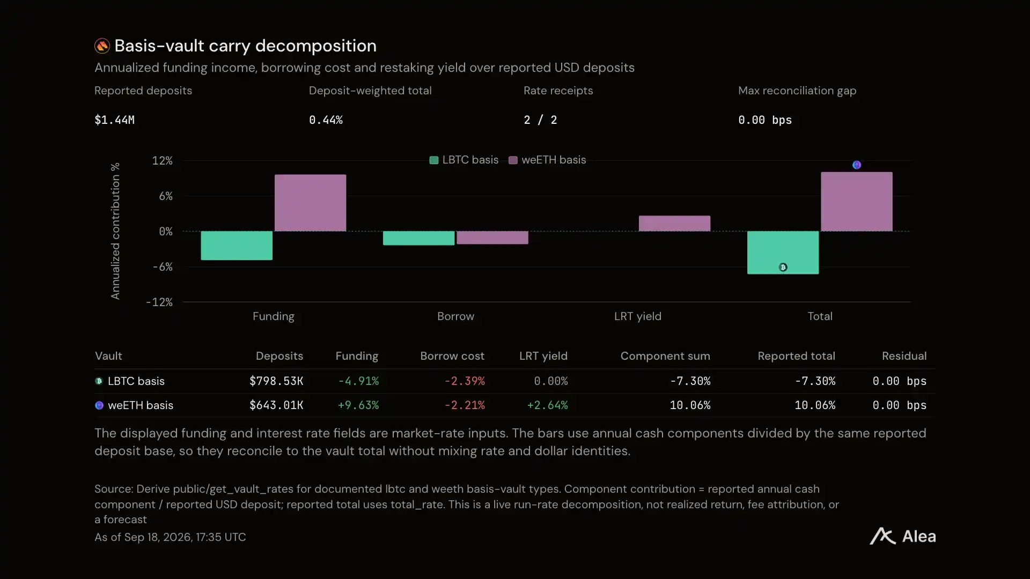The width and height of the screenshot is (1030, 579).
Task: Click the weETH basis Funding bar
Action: pyautogui.click(x=310, y=203)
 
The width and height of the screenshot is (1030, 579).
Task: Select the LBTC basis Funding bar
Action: pyautogui.click(x=237, y=246)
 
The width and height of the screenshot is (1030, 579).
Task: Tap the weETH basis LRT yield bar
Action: pyautogui.click(x=674, y=223)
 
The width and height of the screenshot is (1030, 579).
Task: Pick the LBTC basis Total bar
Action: pyautogui.click(x=783, y=253)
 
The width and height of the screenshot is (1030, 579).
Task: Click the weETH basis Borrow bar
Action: pyautogui.click(x=492, y=237)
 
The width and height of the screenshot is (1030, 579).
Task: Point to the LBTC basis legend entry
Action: pyautogui.click(x=464, y=160)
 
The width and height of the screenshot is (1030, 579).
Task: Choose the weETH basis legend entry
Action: pyautogui.click(x=547, y=160)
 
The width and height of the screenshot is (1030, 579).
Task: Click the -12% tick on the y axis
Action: pyautogui.click(x=159, y=302)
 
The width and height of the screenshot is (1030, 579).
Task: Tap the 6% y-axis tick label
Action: pyautogui.click(x=166, y=196)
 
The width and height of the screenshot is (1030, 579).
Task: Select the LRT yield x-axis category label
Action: pyautogui.click(x=638, y=316)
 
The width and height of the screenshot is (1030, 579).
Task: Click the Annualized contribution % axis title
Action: pyautogui.click(x=115, y=231)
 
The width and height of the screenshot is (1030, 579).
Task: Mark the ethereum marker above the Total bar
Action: pyautogui.click(x=857, y=165)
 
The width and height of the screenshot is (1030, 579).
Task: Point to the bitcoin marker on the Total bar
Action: pyautogui.click(x=783, y=267)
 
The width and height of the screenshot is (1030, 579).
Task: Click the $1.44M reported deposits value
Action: pyautogui.click(x=114, y=120)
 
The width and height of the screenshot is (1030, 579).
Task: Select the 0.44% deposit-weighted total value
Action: pyautogui.click(x=326, y=120)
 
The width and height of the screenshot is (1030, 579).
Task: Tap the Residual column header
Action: pyautogui.click(x=904, y=356)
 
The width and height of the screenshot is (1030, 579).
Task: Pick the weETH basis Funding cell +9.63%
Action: pyautogui.click(x=358, y=405)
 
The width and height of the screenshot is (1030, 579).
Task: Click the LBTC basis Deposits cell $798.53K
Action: pyautogui.click(x=276, y=381)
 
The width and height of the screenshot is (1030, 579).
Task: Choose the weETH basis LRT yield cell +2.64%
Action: pyautogui.click(x=547, y=405)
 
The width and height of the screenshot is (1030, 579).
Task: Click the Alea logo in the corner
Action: pyautogui.click(x=903, y=536)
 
